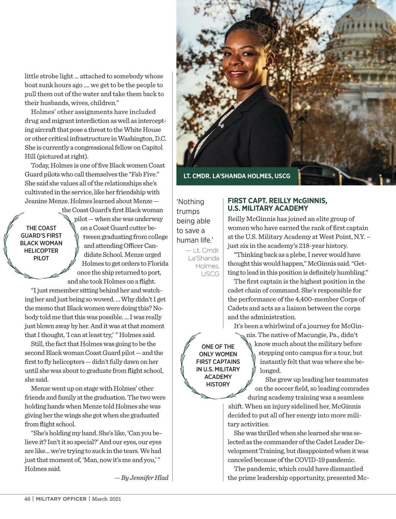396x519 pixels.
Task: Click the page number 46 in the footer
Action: [x=27, y=499]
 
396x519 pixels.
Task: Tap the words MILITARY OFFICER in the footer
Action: [x=61, y=499]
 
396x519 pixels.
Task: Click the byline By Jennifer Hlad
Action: [x=142, y=477]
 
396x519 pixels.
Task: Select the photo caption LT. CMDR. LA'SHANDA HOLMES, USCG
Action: [x=237, y=176]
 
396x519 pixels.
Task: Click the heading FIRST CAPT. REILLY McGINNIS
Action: [x=277, y=201]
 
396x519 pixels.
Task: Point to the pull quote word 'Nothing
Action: [x=190, y=202]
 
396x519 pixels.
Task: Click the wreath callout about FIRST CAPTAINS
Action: [x=218, y=365]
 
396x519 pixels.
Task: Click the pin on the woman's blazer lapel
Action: [x=222, y=126]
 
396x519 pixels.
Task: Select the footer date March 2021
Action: [x=107, y=499]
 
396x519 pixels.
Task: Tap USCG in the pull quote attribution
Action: [x=210, y=274]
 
